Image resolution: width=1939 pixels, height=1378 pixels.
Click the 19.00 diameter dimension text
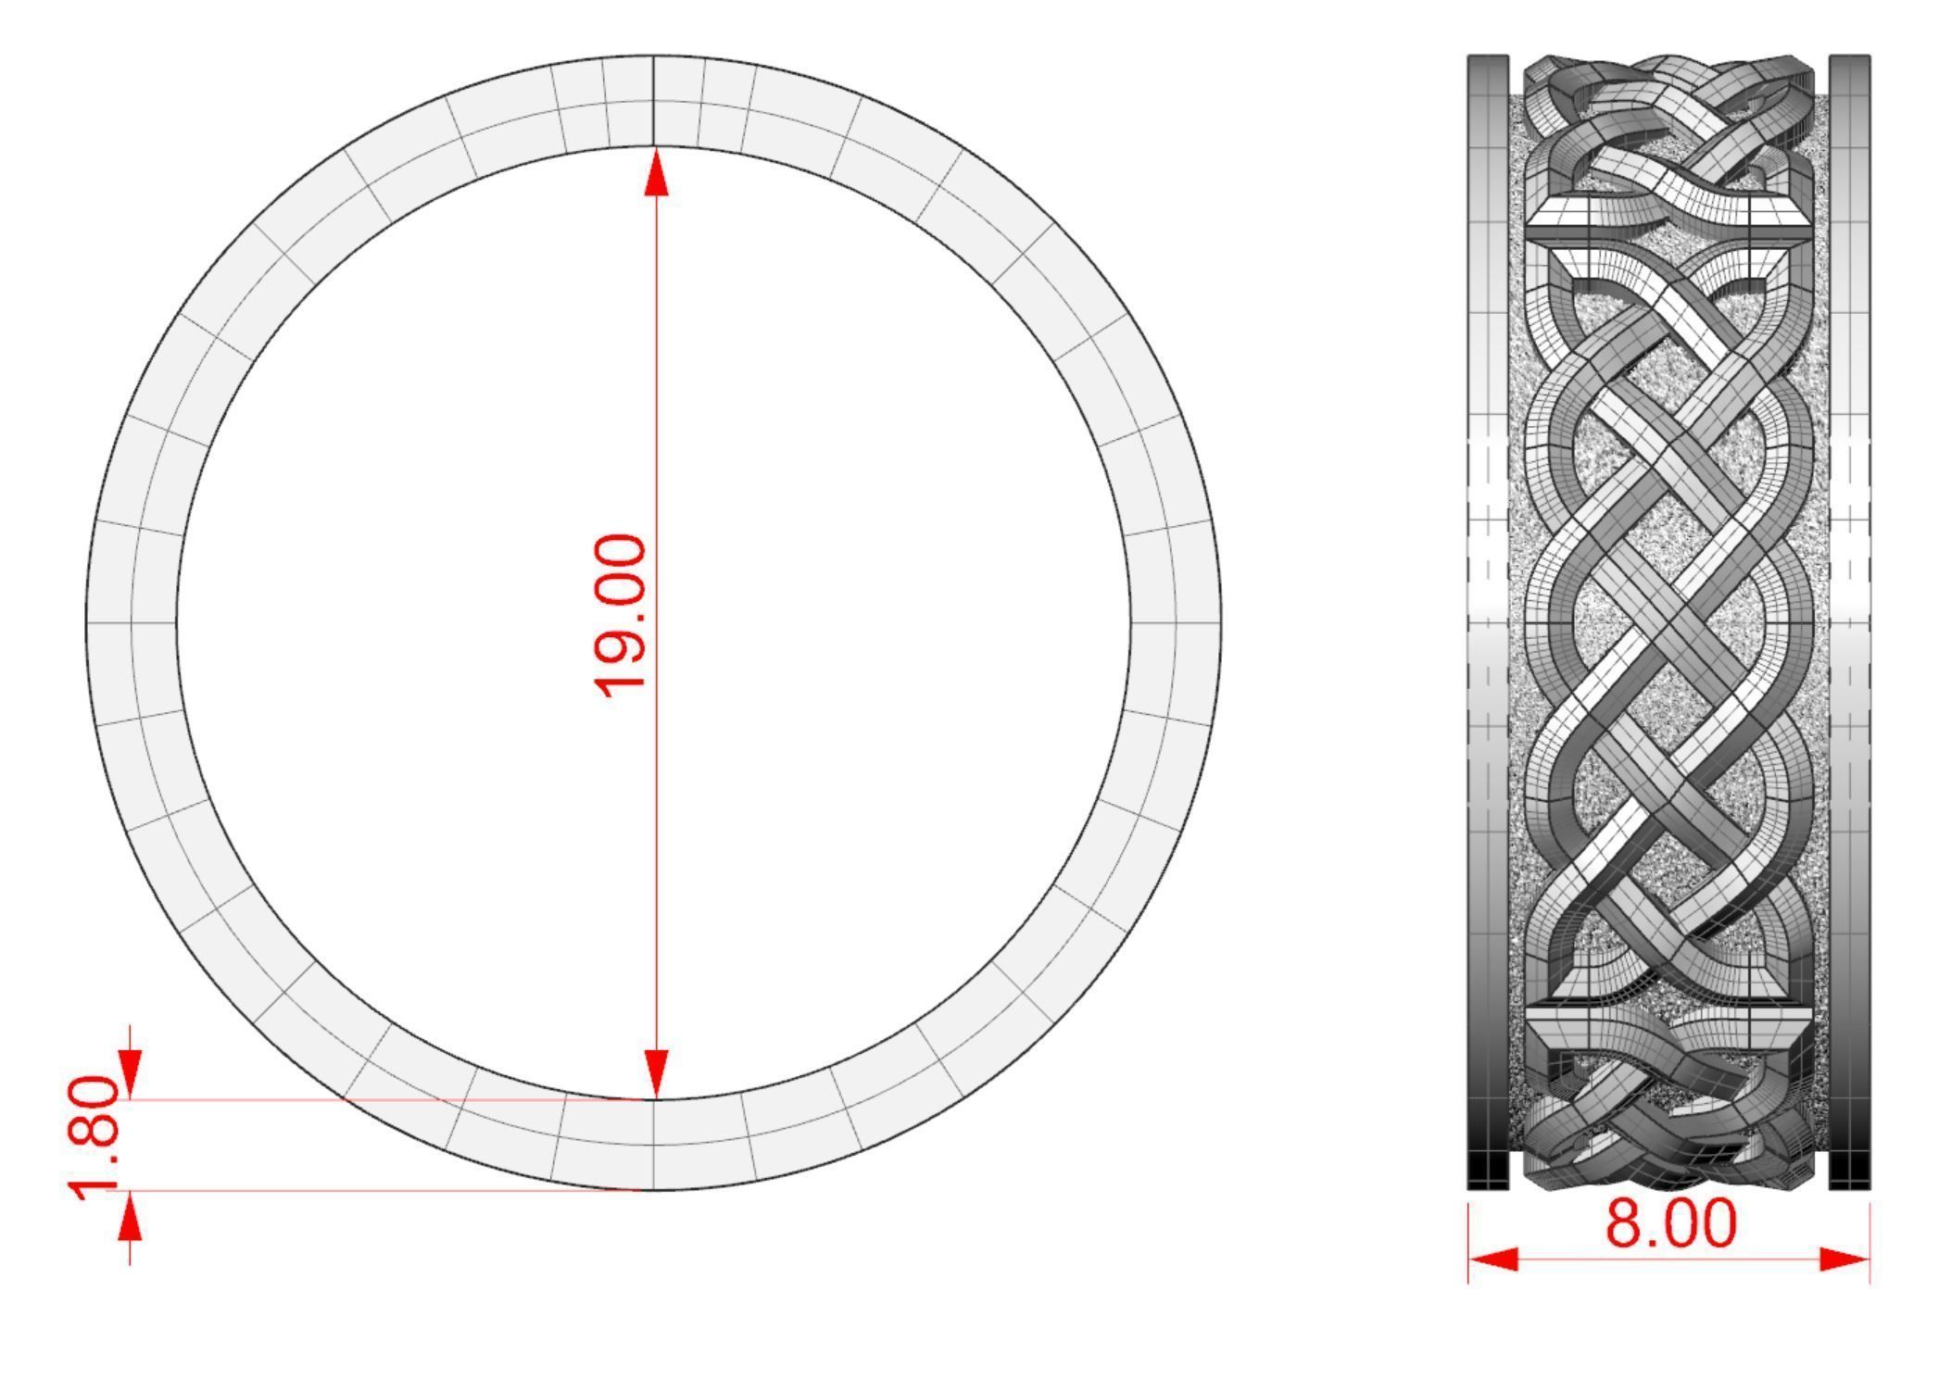pyautogui.click(x=619, y=615)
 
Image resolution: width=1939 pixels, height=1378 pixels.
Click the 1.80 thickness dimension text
pyautogui.click(x=94, y=1136)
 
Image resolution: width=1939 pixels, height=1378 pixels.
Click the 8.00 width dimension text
pyautogui.click(x=1670, y=1223)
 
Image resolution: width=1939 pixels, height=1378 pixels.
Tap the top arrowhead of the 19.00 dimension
pyautogui.click(x=657, y=173)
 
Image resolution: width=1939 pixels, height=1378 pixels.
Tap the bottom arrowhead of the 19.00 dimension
pyautogui.click(x=657, y=1075)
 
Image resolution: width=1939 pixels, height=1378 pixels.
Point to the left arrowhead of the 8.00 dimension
pyautogui.click(x=1493, y=1259)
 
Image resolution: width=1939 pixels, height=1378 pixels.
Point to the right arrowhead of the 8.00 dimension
pyautogui.click(x=1845, y=1259)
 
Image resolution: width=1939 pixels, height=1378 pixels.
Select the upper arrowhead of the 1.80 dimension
pyautogui.click(x=130, y=1073)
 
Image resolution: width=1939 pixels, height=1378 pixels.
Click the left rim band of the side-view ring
pyautogui.click(x=1488, y=620)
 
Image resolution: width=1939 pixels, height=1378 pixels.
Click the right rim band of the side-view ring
pyautogui.click(x=1850, y=620)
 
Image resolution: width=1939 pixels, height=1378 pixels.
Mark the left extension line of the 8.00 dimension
pyautogui.click(x=1468, y=1241)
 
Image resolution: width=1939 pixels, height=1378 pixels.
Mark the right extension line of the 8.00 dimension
pyautogui.click(x=1870, y=1241)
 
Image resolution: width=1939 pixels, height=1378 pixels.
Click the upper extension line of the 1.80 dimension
pyautogui.click(x=371, y=1100)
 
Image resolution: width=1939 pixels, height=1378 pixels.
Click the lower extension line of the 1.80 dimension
pyautogui.click(x=371, y=1190)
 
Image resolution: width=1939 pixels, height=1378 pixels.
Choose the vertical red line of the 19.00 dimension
pyautogui.click(x=657, y=370)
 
